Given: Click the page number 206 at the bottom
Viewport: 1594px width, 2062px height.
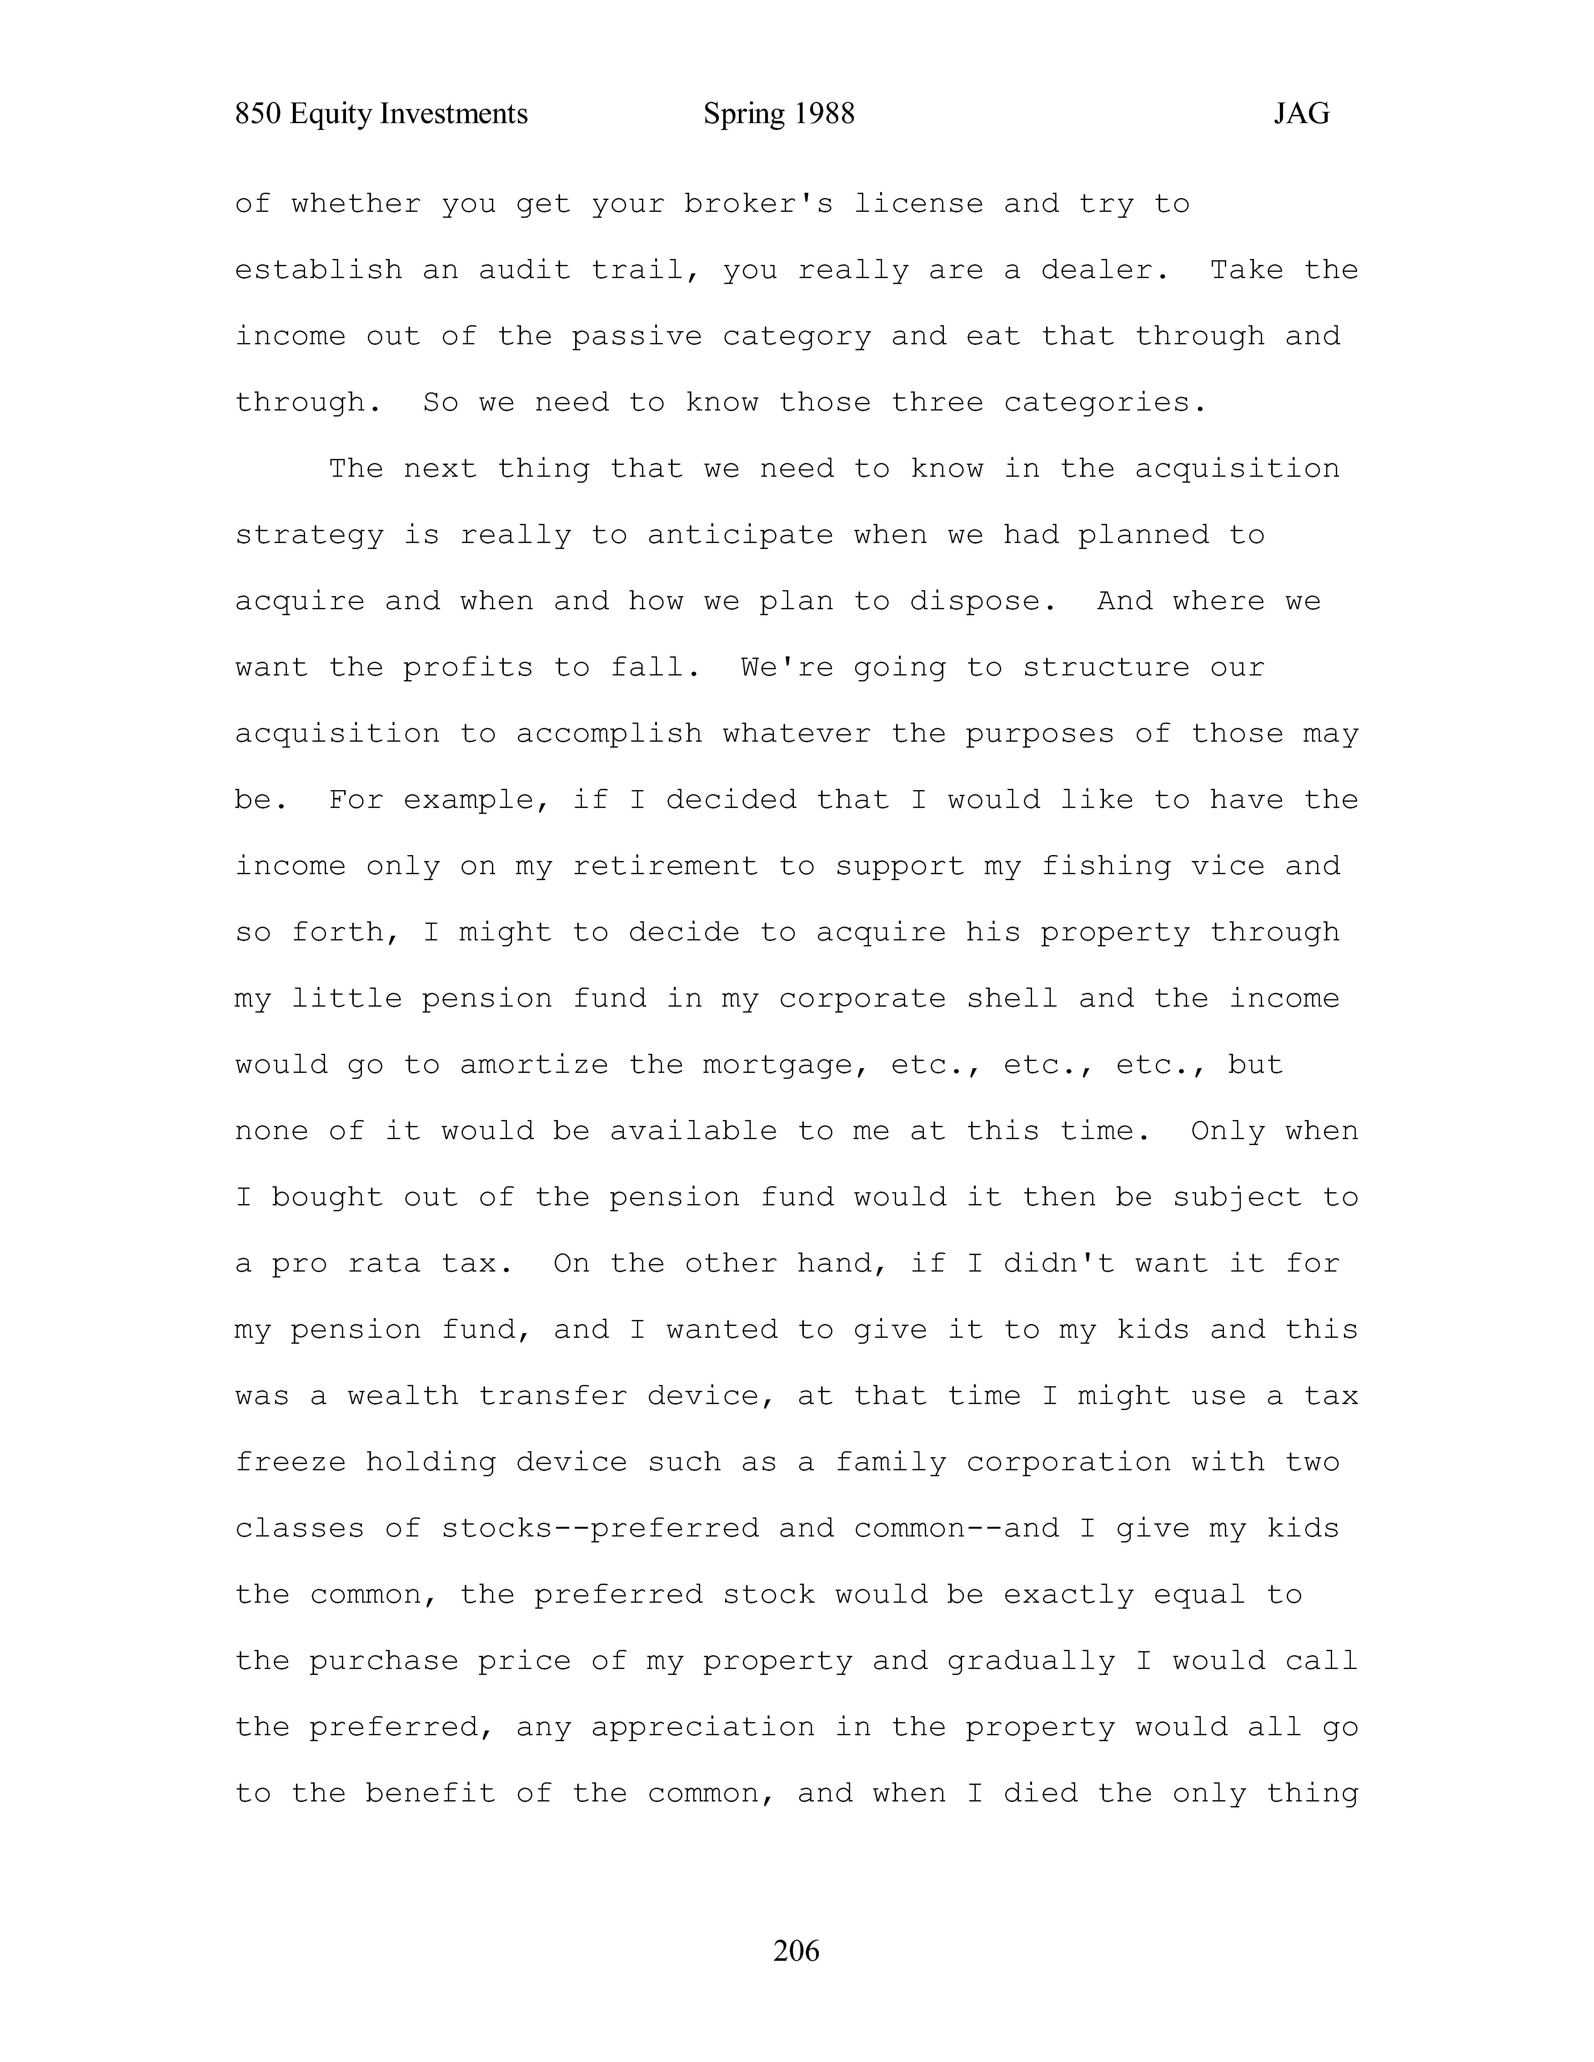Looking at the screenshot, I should point(796,1950).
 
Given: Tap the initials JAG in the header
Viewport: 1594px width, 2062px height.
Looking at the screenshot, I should point(1301,114).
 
